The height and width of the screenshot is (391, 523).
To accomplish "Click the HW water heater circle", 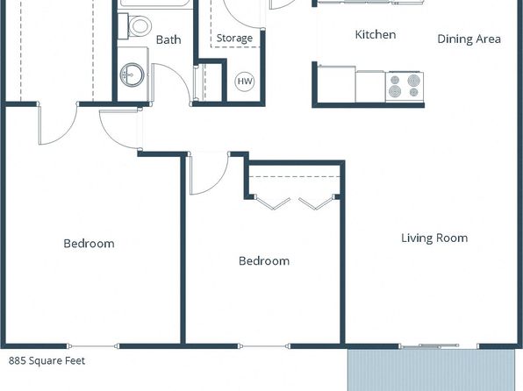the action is tap(245, 82).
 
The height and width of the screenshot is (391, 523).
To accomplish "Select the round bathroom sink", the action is tap(133, 75).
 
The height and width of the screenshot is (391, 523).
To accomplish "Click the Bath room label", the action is tap(168, 39).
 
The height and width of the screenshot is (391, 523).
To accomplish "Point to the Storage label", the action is tap(234, 38).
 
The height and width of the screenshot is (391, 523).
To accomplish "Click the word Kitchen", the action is tap(376, 35).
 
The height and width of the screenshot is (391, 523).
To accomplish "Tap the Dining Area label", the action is tap(469, 39).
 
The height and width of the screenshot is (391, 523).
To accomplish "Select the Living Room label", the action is tap(434, 238).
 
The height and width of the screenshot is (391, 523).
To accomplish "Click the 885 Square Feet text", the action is tap(47, 360).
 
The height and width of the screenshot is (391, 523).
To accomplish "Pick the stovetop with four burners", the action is tap(405, 87).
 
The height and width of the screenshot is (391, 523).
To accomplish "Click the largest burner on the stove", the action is tap(413, 81).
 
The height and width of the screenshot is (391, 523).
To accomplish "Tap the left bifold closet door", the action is tap(273, 203).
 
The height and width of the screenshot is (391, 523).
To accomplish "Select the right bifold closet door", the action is tap(317, 203).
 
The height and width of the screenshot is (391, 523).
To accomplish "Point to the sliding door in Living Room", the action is tap(430, 346).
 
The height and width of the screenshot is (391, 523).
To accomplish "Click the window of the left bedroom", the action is tap(93, 346).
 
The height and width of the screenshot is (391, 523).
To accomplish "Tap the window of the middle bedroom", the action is tap(263, 346).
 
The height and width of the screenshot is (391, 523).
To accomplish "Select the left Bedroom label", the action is tap(89, 244).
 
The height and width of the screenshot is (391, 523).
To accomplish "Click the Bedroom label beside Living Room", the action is tap(264, 260).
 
